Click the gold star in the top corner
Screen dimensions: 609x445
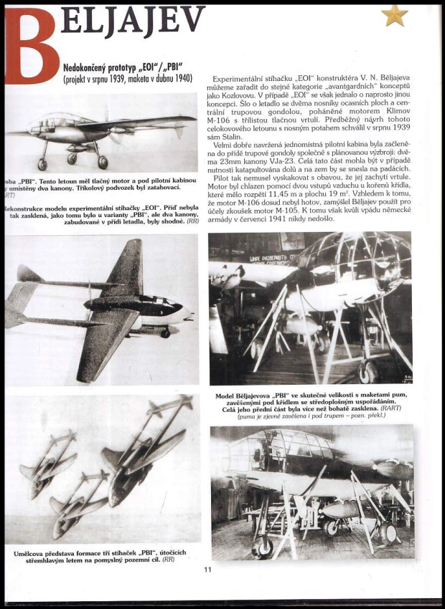coord(394,15)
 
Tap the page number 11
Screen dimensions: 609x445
coord(207,570)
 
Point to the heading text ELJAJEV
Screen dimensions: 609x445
coord(133,22)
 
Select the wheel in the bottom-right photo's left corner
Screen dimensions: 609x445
coord(263,545)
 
